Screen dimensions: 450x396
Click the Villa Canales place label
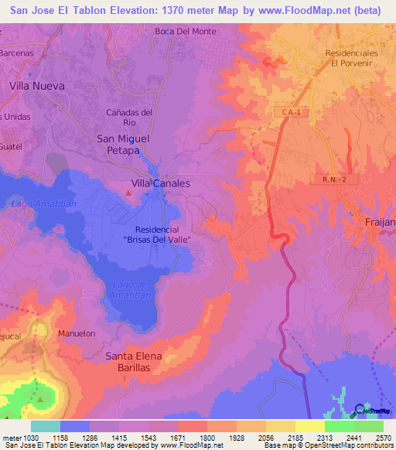point(161,183)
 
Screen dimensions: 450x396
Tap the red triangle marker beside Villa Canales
point(128,184)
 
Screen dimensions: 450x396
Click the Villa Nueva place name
point(37,85)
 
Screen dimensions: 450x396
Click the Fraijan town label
point(379,223)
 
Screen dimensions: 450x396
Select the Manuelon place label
point(76,333)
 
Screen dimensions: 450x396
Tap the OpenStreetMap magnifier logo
point(360,411)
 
